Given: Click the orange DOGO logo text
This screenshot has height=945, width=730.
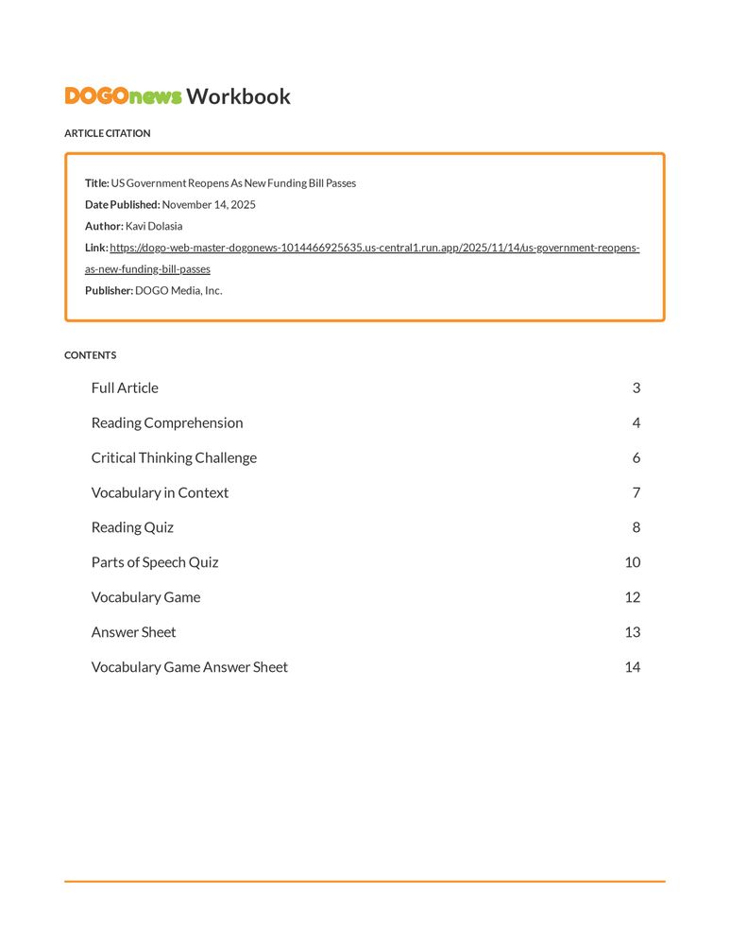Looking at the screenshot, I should [x=96, y=96].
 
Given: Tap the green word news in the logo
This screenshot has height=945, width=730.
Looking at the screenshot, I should [x=156, y=96].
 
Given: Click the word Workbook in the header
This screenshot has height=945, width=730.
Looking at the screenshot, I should [x=238, y=96].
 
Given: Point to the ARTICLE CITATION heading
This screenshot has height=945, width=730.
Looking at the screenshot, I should [x=107, y=133].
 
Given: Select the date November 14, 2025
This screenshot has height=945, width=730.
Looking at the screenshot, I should [x=209, y=205].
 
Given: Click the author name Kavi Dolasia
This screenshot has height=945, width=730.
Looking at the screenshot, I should [x=154, y=227].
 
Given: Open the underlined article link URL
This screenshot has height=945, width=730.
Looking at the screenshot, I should [x=374, y=249].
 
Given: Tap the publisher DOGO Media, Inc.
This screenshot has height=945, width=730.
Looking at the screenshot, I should [x=178, y=291].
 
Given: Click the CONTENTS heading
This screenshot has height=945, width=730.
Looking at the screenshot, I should [x=90, y=355].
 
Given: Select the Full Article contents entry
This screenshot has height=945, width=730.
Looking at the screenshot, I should [x=125, y=388].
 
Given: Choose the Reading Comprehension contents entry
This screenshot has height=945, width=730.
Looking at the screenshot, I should [x=167, y=423].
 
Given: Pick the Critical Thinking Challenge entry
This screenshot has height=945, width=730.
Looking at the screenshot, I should [x=174, y=458].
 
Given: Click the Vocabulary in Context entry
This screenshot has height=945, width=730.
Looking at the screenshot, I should [x=160, y=493].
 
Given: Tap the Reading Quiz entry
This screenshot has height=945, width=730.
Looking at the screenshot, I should [x=132, y=528].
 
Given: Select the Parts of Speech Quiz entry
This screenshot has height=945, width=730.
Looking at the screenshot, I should [x=155, y=563].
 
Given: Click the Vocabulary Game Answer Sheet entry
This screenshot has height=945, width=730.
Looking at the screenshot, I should [x=189, y=667].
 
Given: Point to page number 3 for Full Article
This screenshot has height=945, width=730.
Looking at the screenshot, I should [x=637, y=388].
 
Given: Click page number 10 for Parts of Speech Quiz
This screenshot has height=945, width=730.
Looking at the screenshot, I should [x=633, y=563].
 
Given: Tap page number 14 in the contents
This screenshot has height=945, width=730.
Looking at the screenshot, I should [x=633, y=667].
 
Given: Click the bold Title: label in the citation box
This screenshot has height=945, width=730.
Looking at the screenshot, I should [x=97, y=183].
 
